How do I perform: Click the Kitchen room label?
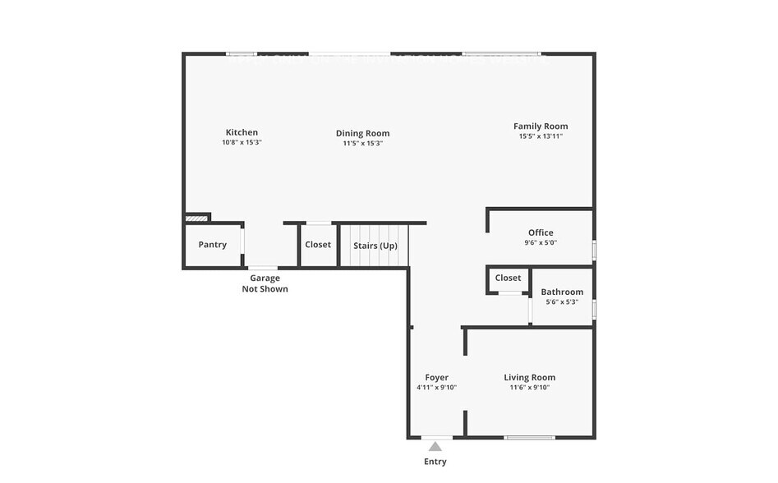[242, 132]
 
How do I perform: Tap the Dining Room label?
[362, 133]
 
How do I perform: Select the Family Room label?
[541, 126]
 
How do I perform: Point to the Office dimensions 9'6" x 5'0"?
[541, 243]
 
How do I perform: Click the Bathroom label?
[562, 292]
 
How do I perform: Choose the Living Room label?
[529, 378]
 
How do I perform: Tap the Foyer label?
[436, 378]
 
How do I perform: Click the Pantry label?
[212, 245]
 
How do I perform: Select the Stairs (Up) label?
[375, 246]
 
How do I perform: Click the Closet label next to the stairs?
[318, 245]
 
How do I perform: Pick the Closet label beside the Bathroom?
[508, 278]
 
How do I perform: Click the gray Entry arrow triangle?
[435, 447]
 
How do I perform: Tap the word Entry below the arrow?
[435, 462]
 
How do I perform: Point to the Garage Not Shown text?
[265, 283]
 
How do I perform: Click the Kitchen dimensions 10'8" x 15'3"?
[242, 143]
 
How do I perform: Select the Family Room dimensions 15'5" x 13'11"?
[541, 137]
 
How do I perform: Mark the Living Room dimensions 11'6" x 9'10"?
[529, 388]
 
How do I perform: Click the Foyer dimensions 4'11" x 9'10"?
[436, 388]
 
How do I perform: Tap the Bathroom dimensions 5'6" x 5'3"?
[562, 302]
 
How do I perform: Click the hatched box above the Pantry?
[196, 218]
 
